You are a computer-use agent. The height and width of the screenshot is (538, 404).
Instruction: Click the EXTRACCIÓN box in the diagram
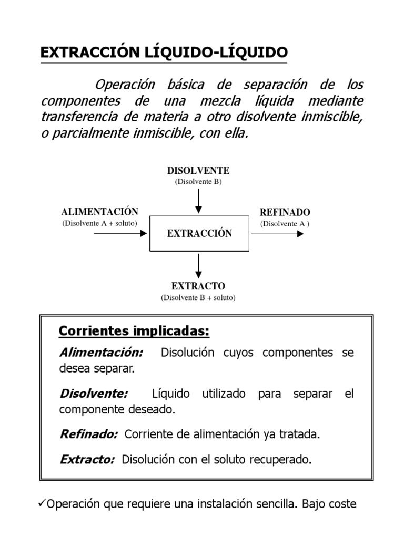199,234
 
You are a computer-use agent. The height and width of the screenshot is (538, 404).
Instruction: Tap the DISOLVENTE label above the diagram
198,171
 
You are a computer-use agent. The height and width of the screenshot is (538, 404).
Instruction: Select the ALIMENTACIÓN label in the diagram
100,212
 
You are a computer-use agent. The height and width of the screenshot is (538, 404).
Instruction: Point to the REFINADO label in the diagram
285,212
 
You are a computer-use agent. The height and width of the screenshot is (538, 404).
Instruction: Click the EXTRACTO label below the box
198,286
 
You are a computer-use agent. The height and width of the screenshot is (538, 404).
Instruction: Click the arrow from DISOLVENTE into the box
198,201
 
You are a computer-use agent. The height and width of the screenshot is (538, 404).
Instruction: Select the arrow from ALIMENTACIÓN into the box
120,233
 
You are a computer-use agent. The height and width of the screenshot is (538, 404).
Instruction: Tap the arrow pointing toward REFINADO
277,233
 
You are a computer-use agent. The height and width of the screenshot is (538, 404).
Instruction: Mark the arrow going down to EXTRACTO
198,266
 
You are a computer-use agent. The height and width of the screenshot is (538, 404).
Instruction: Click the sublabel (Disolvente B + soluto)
198,298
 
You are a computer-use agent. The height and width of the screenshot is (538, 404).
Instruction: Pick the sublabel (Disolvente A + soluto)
100,223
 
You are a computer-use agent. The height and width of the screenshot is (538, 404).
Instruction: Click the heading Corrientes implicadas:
134,332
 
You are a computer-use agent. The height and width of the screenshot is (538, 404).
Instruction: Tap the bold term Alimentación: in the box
101,353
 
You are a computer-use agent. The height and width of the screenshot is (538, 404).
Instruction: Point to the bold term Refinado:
88,435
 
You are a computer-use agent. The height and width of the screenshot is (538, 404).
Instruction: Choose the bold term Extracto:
87,460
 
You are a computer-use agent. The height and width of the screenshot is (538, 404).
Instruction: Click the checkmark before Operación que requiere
43,504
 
